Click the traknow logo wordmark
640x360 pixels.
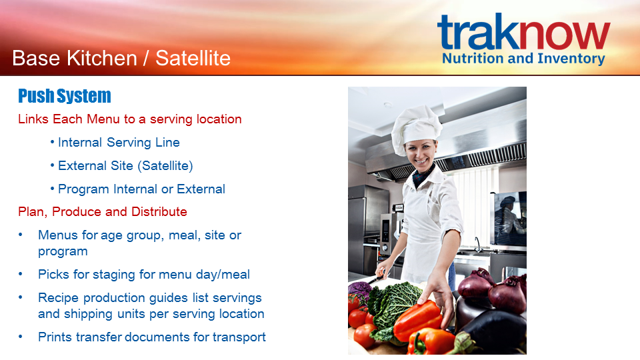click(x=524, y=31)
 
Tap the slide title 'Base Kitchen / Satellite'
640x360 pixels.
click(x=121, y=58)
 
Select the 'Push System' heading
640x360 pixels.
click(x=65, y=96)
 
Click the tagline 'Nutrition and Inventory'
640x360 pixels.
click(x=523, y=59)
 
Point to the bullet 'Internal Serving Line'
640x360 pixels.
click(x=119, y=143)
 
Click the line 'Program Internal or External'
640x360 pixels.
click(x=141, y=189)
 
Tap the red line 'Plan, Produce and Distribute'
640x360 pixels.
click(x=103, y=212)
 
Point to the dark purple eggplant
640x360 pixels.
click(x=490, y=327)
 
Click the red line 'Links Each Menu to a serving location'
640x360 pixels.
click(x=130, y=119)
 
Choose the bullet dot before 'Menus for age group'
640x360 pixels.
click(x=21, y=235)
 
